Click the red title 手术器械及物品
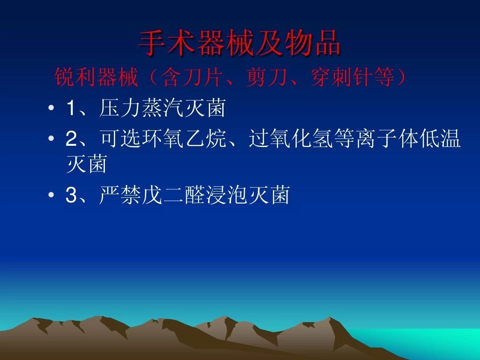click(240, 43)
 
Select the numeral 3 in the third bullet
click(71, 196)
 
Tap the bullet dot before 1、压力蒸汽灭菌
click(52, 109)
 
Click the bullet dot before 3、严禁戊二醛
click(52, 196)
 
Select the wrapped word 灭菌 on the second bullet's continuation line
click(87, 165)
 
